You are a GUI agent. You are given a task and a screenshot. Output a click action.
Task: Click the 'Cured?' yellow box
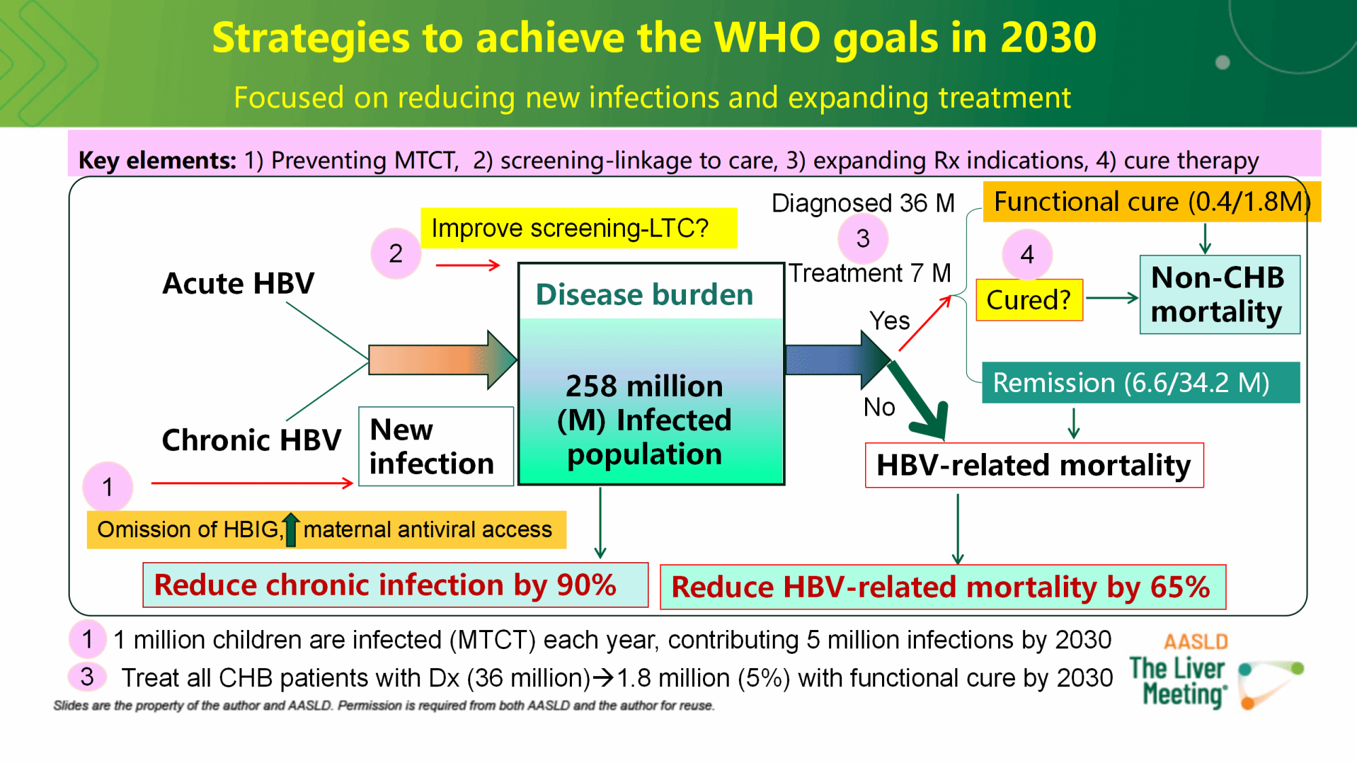1029,300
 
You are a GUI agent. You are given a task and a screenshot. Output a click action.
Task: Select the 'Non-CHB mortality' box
1219,294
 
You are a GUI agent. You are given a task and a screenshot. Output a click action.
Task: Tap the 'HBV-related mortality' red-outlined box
1034,465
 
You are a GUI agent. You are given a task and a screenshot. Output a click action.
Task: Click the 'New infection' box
436,446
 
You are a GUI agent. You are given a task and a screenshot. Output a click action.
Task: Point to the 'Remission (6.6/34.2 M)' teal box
1141,383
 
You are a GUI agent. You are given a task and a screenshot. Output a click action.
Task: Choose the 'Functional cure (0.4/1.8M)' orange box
1151,201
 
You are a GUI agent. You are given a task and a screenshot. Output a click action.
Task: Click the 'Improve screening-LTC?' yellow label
578,228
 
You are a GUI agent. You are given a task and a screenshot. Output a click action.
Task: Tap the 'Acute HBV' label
238,283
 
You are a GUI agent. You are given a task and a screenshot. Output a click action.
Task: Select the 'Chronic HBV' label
251,440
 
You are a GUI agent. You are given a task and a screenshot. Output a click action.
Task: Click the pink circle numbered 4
1027,254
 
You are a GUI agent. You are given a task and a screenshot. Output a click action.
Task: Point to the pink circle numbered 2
396,254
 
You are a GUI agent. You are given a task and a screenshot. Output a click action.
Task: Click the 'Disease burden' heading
645,294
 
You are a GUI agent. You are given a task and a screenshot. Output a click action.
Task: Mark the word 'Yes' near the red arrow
890,320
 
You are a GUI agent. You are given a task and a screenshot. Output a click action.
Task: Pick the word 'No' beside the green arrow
879,407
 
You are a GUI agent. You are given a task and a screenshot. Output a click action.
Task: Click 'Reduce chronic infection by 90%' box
395,585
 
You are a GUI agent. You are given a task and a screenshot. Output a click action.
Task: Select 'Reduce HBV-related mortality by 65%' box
942,587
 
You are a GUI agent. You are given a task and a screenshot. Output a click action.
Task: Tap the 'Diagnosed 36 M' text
863,203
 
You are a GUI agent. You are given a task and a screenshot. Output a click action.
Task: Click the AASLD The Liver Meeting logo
1215,671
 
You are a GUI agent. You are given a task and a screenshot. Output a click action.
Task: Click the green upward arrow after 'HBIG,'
290,530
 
